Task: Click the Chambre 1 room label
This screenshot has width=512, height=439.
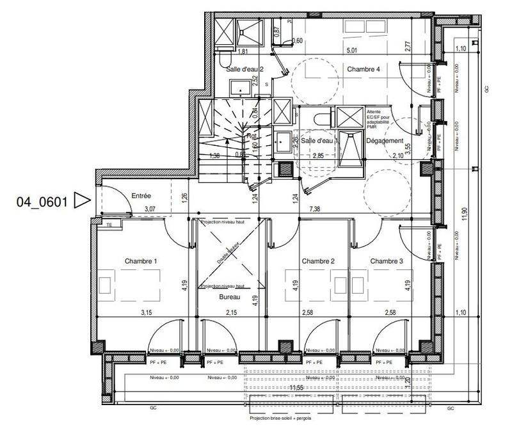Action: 140,261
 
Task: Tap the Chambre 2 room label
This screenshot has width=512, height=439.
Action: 319,261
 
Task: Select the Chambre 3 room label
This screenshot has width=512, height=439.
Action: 387,261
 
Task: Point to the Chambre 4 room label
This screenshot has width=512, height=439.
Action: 364,68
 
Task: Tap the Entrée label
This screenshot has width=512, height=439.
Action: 141,196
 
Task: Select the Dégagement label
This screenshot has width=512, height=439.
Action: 385,141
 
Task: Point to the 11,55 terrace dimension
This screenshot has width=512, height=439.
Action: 296,387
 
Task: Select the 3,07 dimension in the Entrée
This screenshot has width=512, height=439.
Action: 150,209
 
